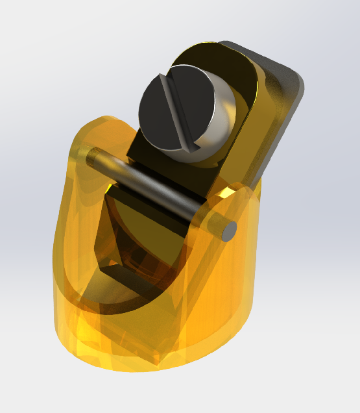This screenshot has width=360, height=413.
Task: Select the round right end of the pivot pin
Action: point(228,231)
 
